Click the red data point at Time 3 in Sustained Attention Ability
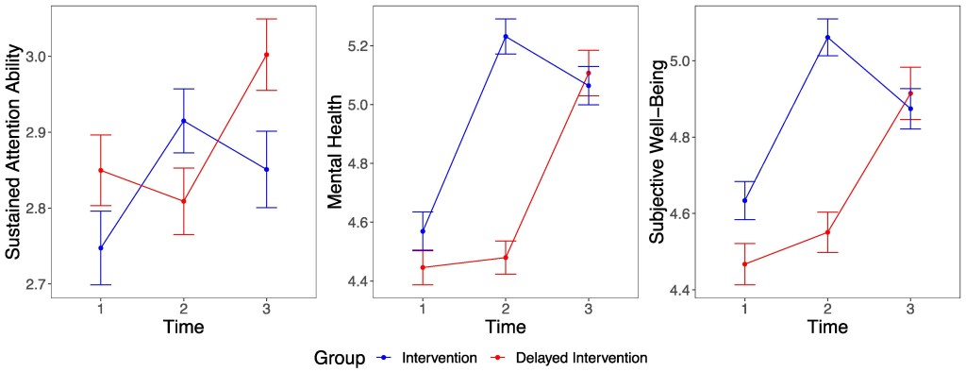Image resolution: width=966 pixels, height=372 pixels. point(266,55)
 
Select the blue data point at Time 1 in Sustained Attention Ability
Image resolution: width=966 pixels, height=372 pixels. point(101,248)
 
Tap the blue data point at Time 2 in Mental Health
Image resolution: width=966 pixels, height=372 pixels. point(506,37)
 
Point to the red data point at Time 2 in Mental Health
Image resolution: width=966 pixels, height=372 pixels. point(506,258)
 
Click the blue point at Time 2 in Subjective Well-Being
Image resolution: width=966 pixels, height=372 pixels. point(827,38)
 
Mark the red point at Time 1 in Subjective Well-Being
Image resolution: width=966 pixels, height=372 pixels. point(745,264)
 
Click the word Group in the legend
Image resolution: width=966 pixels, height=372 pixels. point(340,358)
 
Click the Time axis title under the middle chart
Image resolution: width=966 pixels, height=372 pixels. point(506,327)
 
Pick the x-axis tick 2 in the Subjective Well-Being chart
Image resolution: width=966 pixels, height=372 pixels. point(827,309)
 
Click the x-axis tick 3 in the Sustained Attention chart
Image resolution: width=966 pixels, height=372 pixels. point(266,309)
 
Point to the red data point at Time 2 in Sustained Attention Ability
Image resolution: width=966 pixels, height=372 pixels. point(184,201)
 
